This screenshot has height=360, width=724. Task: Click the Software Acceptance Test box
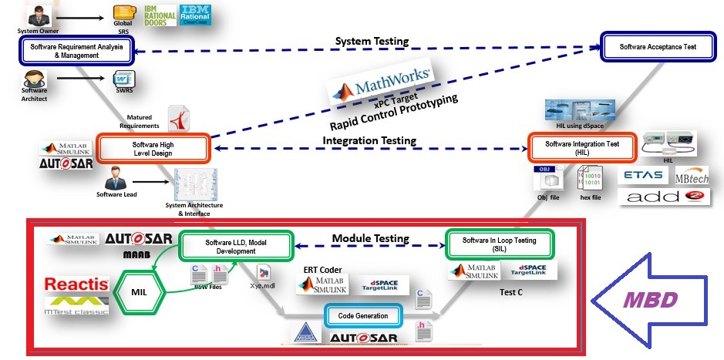[658, 47]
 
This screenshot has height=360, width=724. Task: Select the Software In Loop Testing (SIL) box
[500, 244]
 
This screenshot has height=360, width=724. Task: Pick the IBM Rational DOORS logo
[160, 15]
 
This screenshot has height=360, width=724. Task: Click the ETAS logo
[644, 175]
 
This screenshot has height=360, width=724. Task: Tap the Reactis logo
[76, 284]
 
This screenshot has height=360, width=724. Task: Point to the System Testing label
[372, 40]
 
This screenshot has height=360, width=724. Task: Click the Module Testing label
[370, 238]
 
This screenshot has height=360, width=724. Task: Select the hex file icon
[590, 180]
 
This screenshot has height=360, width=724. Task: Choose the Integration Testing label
[369, 140]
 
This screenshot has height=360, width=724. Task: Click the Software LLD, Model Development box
[236, 247]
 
